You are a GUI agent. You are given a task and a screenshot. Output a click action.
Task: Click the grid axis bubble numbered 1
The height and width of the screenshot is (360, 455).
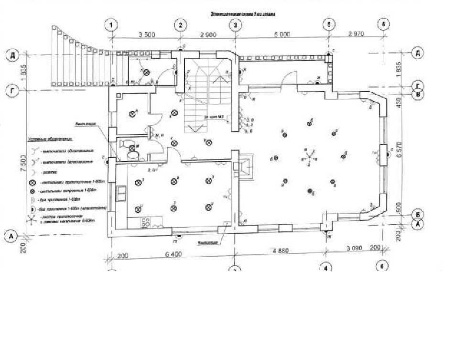(x=111, y=24)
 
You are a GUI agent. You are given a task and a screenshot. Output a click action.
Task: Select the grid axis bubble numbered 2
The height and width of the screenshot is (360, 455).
(x=181, y=24)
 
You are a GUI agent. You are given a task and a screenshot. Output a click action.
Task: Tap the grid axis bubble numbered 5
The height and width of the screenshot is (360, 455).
(x=328, y=24)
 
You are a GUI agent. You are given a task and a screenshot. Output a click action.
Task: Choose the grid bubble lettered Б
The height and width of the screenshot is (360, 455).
(x=418, y=215)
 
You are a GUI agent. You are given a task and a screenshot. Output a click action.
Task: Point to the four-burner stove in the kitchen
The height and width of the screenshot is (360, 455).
(x=145, y=222)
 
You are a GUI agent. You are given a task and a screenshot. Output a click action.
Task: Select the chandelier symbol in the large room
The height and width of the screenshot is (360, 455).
(x=309, y=156)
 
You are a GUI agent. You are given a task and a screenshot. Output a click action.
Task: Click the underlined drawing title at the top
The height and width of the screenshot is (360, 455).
(x=243, y=15)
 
